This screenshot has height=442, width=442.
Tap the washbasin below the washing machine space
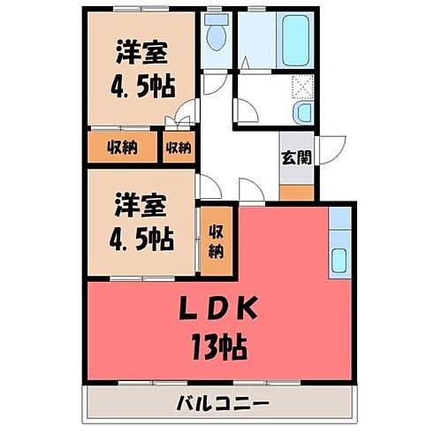click(302, 111)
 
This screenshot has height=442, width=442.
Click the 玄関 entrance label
click(295, 158)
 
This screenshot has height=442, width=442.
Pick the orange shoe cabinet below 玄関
click(295, 191)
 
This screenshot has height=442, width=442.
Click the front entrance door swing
click(331, 150)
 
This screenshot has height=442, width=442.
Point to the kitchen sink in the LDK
click(340, 260)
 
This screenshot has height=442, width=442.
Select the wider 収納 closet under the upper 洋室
click(122, 147)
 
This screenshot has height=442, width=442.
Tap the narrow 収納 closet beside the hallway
click(178, 147)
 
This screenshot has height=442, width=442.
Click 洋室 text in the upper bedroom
click(141, 52)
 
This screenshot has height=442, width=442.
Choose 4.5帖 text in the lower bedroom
click(141, 238)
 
